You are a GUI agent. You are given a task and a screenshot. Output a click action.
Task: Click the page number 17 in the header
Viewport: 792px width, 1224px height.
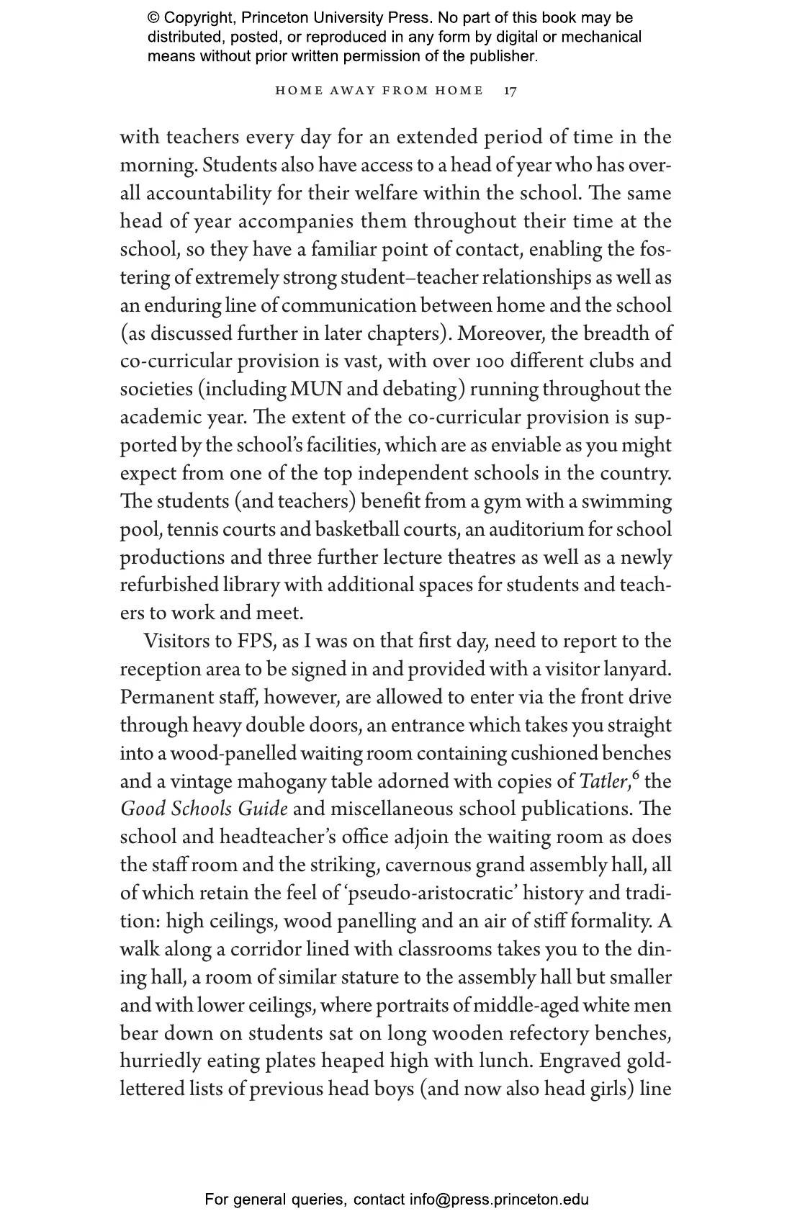click(x=510, y=91)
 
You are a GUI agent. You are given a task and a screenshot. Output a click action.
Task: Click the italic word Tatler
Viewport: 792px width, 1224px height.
click(x=603, y=782)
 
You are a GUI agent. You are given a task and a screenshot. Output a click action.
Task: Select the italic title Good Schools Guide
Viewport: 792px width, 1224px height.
click(x=204, y=809)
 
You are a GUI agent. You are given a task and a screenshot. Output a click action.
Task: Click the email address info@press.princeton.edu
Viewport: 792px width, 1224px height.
click(x=499, y=1200)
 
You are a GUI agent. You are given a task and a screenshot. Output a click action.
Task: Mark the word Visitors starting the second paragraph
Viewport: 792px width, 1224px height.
click(x=177, y=642)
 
